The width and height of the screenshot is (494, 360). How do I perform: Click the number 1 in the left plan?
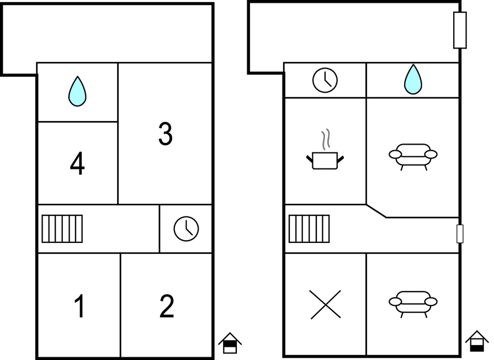(79, 306)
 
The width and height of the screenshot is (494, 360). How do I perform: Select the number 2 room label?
(167, 306)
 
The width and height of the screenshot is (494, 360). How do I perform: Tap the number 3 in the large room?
(165, 134)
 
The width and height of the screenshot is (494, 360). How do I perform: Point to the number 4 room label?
(77, 163)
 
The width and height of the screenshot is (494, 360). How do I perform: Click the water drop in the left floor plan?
(77, 91)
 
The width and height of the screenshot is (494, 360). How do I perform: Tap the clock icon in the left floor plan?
(186, 229)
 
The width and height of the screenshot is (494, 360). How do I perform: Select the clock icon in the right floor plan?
(325, 80)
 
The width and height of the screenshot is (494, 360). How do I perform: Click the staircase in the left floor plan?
(62, 229)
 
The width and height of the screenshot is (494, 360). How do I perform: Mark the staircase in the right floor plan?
(309, 229)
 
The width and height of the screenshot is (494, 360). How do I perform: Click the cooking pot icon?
(325, 160)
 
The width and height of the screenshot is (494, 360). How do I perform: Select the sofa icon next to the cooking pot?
(413, 155)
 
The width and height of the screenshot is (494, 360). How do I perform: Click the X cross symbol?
(325, 304)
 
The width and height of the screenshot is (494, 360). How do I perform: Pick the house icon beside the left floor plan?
(230, 343)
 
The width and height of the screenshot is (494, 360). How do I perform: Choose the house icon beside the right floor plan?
(476, 341)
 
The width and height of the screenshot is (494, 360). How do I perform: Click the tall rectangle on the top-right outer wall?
(460, 30)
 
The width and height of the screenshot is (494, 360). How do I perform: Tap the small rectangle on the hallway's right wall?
(460, 234)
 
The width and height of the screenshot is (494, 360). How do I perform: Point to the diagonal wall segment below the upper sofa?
(376, 211)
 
